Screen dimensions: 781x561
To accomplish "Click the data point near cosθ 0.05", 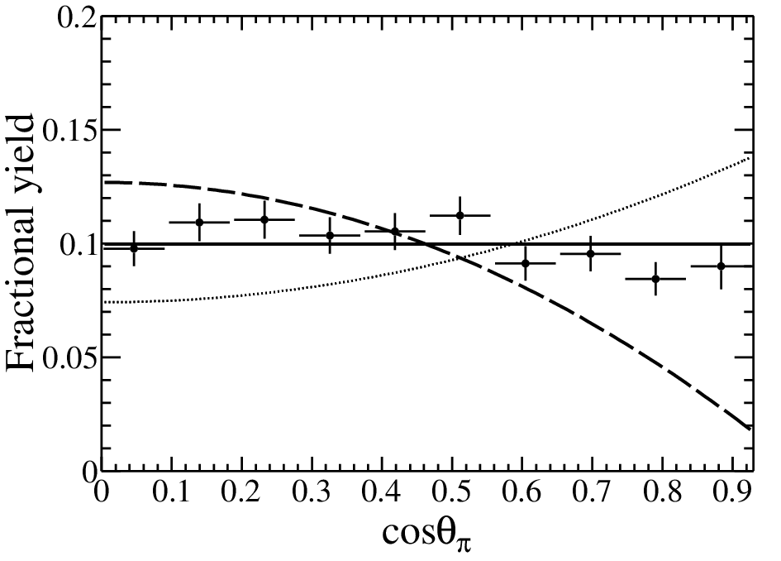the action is (x=134, y=248).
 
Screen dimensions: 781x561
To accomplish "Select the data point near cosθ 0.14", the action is (x=199, y=222).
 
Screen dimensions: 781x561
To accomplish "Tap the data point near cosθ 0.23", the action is (x=264, y=219).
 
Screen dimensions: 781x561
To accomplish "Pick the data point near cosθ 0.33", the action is (x=330, y=235).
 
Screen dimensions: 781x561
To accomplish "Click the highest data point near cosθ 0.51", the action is (x=460, y=215).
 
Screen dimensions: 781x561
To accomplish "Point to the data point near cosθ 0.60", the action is (x=526, y=263).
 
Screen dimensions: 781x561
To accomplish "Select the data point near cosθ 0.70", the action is (x=591, y=253).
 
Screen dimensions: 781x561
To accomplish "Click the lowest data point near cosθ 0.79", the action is (x=656, y=279).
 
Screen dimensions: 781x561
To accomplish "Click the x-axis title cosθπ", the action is (x=426, y=534).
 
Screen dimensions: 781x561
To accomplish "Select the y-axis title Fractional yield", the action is (x=21, y=242).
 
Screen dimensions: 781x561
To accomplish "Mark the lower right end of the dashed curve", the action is (x=750, y=428).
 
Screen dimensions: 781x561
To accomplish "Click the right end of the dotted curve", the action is (x=750, y=158).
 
